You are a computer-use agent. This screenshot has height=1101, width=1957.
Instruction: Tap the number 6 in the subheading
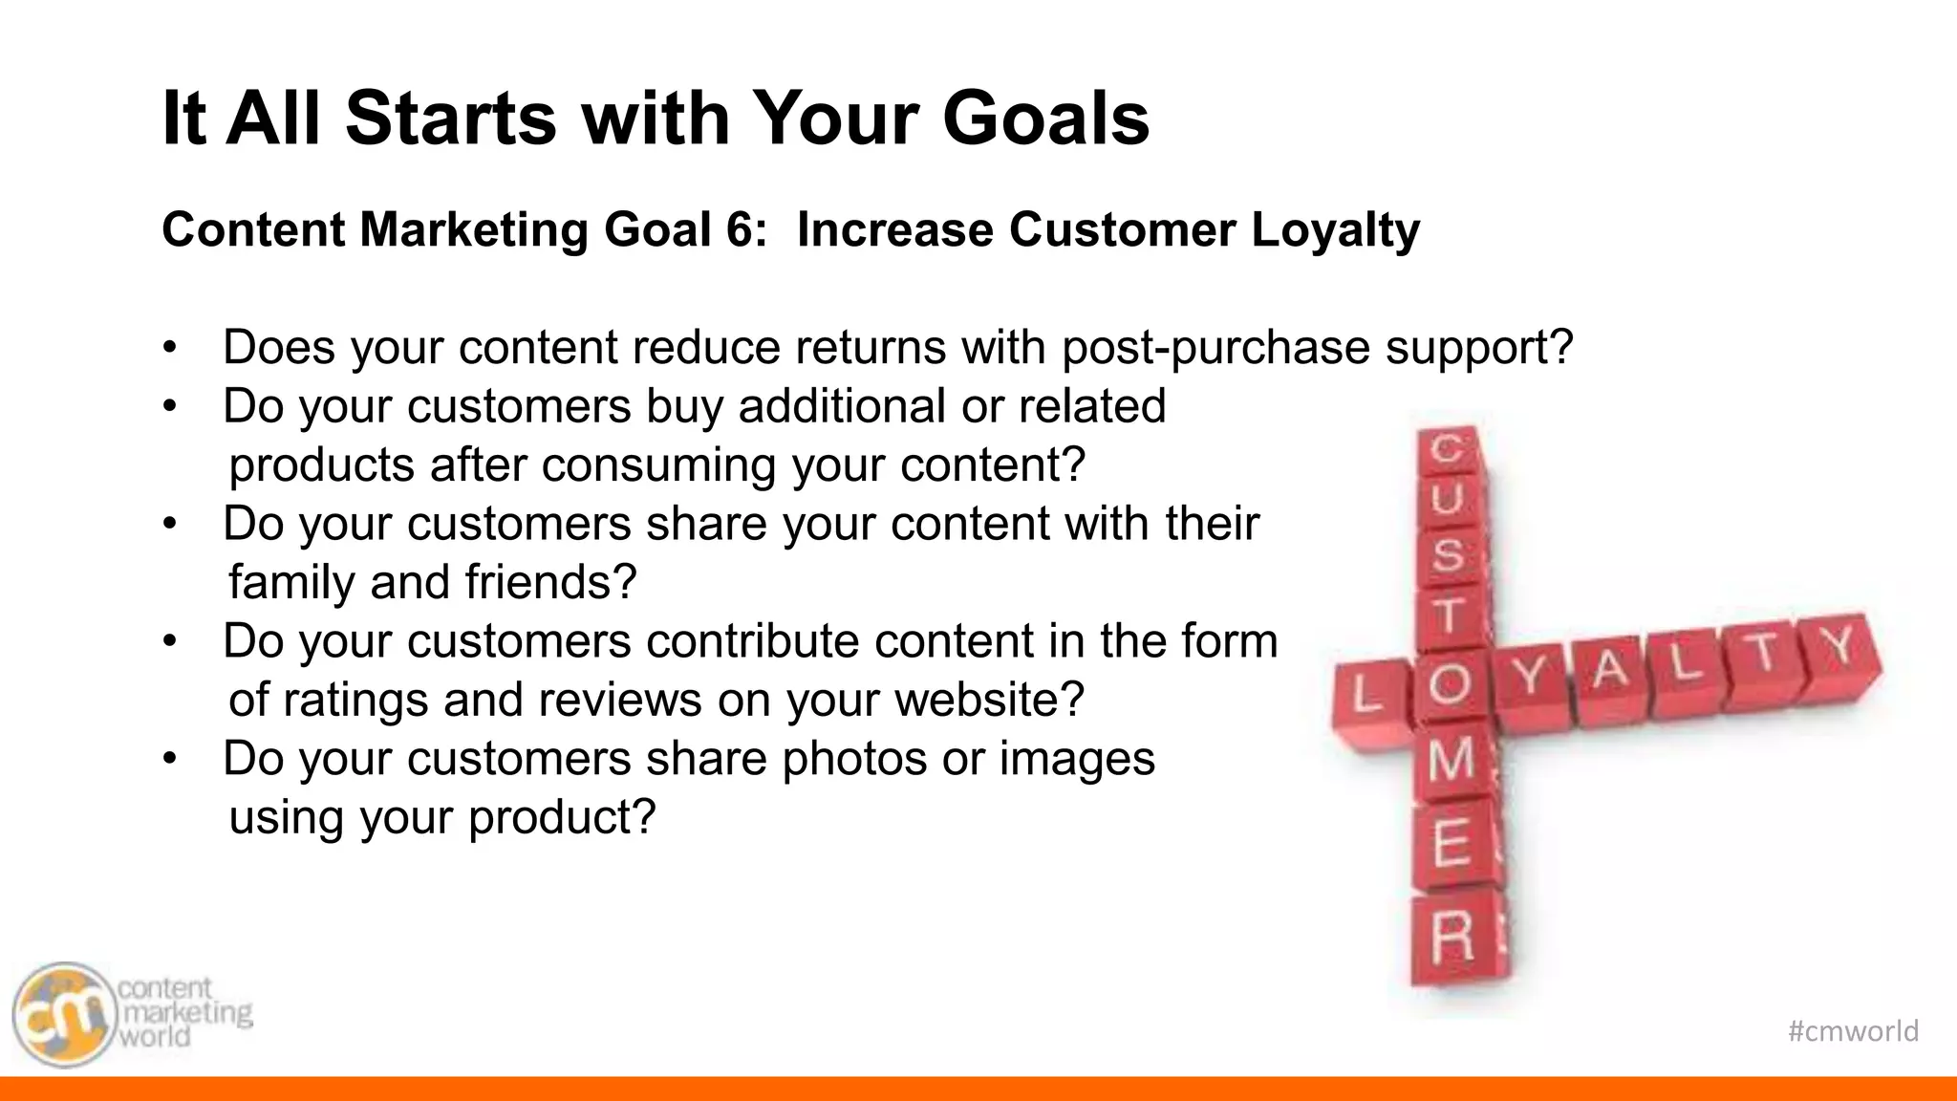740,230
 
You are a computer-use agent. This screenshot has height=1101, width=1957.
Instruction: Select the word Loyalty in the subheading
1335,230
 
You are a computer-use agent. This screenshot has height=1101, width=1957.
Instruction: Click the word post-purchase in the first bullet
1215,347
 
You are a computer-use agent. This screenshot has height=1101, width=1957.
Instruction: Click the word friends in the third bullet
550,582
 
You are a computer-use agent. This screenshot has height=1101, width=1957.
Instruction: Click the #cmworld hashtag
1852,1031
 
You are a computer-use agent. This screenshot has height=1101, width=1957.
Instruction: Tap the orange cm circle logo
63,1015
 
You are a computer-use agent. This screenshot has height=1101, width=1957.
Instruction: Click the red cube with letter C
1450,448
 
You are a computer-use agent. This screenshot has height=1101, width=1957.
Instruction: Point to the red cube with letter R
1453,938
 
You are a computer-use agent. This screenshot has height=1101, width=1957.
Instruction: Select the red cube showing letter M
1450,762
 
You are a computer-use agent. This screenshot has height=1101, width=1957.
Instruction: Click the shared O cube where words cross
1450,685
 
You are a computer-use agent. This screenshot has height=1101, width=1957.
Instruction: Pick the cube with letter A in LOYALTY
1610,671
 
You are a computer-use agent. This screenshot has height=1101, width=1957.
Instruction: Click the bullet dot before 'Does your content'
169,348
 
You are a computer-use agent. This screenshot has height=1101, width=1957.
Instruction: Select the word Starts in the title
450,119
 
